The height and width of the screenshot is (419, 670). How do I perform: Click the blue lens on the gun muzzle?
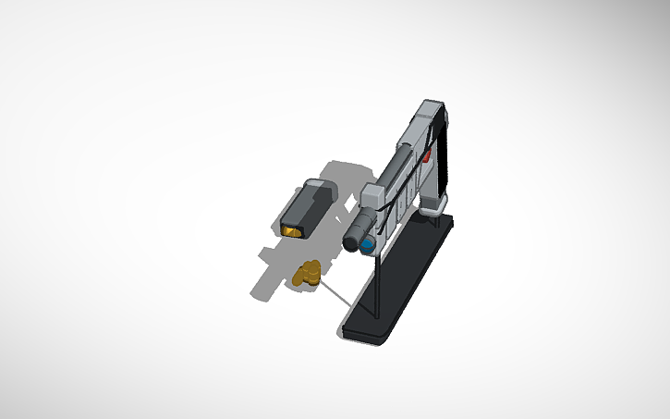(x=370, y=245)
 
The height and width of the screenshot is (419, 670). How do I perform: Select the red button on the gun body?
(x=427, y=158)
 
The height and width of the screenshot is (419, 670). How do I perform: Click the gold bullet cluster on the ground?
(x=307, y=273)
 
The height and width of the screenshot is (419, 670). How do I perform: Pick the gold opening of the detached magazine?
(x=294, y=228)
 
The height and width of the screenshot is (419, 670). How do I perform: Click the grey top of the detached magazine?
(x=320, y=187)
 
